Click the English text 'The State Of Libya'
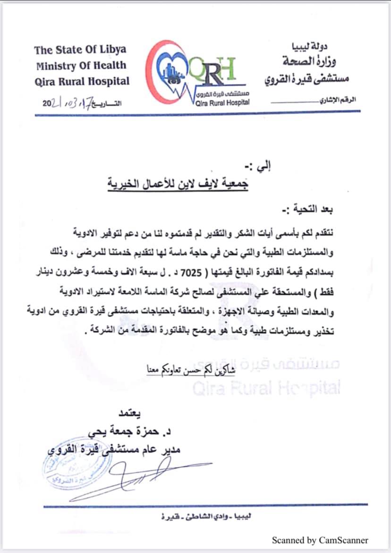point(80,50)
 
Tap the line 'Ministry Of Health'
point(81,65)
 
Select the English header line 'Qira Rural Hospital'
point(82,81)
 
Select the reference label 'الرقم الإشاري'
point(340,100)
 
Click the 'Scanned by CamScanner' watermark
point(320,540)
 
